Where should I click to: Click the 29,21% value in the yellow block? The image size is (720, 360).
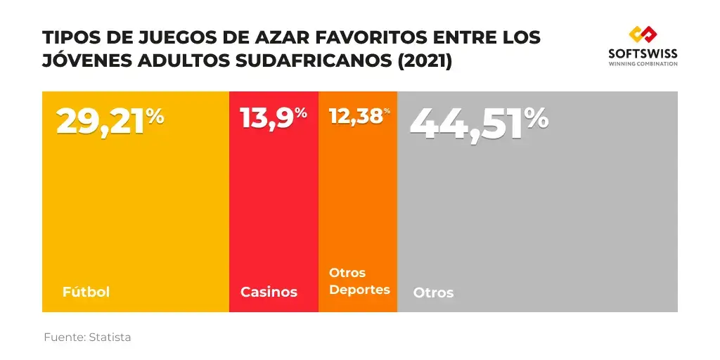click(110, 122)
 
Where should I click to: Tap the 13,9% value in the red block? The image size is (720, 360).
click(273, 118)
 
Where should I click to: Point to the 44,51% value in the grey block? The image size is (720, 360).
click(478, 124)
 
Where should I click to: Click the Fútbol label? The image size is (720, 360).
click(86, 292)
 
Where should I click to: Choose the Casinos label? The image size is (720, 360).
click(269, 292)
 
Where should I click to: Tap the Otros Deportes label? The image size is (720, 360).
click(359, 281)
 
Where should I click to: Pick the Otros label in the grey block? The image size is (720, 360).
click(433, 292)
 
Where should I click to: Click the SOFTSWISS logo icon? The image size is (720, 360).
click(643, 34)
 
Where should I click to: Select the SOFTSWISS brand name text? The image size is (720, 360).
click(643, 53)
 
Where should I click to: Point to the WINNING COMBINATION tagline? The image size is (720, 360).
click(643, 64)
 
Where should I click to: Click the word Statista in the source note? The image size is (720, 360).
click(110, 337)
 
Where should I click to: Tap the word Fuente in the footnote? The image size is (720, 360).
click(64, 337)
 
